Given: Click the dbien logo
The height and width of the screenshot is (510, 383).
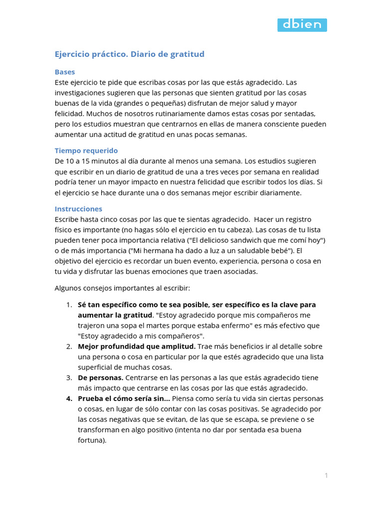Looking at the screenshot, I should point(302,25).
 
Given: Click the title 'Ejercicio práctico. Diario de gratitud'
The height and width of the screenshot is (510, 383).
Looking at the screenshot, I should point(129,54).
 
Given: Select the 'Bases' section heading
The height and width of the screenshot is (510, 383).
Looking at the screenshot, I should point(65,72).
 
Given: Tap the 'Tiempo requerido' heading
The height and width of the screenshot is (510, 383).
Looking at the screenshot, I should point(86,150).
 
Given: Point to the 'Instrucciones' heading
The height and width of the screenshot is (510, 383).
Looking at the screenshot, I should point(78,209).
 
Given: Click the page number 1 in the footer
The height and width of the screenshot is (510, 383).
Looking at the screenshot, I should point(326,475).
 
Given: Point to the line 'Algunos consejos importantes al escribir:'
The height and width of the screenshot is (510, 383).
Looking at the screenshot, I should point(122,288).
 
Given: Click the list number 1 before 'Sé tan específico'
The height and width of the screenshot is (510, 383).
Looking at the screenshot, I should point(69,304).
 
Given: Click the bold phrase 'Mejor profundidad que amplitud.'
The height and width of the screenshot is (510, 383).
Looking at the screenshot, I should point(137,346).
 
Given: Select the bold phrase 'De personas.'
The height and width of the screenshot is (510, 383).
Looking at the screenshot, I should point(100,378).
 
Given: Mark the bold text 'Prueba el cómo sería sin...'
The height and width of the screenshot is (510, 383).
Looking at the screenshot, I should point(124,398).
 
